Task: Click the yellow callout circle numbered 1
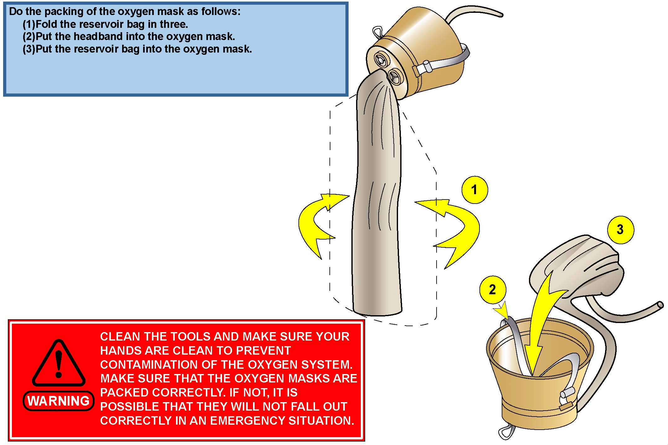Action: [474, 190]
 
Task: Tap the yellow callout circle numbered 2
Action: [492, 290]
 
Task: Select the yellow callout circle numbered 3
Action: [620, 230]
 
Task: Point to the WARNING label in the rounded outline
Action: [59, 401]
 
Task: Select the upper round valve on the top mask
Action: [381, 59]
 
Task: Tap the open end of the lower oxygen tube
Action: [660, 305]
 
